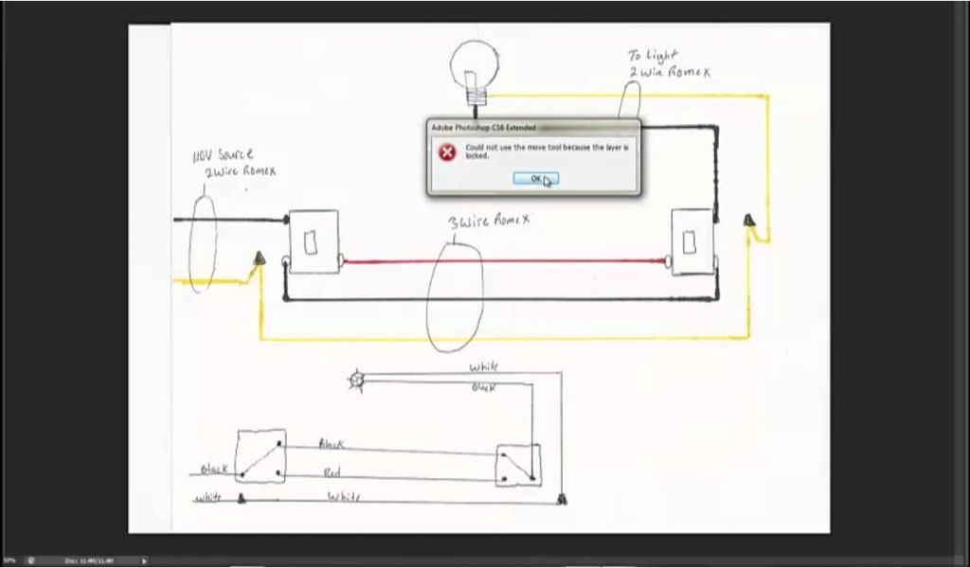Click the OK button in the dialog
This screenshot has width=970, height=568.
[535, 178]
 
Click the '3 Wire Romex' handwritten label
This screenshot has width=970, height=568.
[489, 221]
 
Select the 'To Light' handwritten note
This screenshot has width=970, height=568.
[653, 57]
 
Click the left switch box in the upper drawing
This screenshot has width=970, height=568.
[314, 242]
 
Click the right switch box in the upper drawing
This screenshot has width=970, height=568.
[691, 242]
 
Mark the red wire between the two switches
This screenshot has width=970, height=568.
[502, 260]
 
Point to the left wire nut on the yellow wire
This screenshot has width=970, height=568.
[258, 257]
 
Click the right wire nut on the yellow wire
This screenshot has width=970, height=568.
[749, 221]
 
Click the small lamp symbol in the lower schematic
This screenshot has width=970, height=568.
[357, 381]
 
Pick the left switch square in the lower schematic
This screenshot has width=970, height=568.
[260, 456]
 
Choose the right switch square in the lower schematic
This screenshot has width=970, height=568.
[518, 466]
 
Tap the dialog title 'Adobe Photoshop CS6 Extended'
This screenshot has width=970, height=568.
[483, 127]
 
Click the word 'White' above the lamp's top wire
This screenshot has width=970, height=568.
[483, 366]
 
